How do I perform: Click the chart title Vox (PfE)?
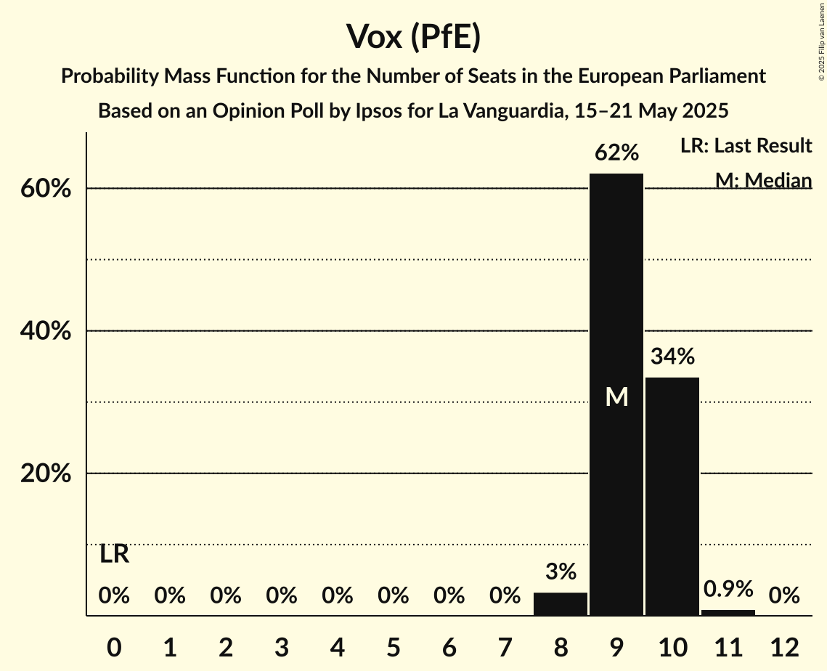click(413, 36)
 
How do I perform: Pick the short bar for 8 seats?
click(561, 604)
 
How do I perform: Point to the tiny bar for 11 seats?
click(728, 612)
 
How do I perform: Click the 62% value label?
click(616, 153)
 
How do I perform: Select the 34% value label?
click(672, 357)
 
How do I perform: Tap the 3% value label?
click(561, 572)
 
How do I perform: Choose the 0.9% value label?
click(728, 588)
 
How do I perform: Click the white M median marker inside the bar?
click(616, 396)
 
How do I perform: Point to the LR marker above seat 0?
click(114, 555)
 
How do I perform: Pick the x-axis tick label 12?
click(784, 647)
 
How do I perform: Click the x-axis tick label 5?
click(393, 647)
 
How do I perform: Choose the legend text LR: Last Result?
click(746, 146)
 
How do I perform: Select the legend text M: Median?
click(763, 180)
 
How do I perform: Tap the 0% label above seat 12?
click(784, 596)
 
